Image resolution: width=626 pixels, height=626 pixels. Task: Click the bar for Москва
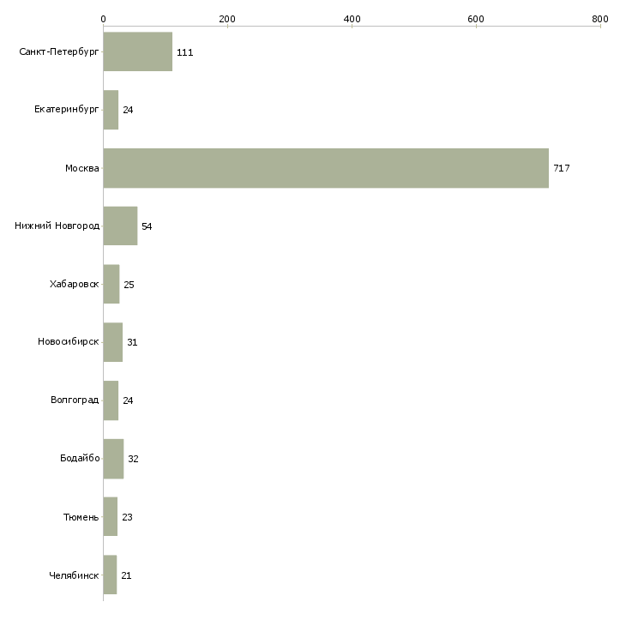[326, 168]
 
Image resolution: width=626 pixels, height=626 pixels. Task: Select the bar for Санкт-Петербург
[138, 51]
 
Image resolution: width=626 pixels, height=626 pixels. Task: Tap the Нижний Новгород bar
[120, 226]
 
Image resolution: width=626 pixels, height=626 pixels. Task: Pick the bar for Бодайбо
[113, 459]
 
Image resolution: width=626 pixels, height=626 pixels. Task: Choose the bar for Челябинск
[110, 575]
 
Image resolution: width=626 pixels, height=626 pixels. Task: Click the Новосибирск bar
[113, 342]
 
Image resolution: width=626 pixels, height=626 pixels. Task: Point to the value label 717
[562, 168]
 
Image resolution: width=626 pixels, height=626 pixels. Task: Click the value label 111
[185, 52]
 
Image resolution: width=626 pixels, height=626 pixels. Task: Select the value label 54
[147, 226]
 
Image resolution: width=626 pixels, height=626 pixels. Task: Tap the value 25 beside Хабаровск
[129, 285]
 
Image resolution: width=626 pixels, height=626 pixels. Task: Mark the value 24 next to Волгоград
[128, 400]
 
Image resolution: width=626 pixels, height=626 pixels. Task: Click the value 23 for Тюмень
[127, 517]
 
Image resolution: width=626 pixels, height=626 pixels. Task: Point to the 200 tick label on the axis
[227, 19]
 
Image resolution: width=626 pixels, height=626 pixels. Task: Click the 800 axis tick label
[600, 19]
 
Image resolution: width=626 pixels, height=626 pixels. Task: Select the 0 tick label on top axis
[104, 19]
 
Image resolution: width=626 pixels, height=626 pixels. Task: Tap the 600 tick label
[476, 19]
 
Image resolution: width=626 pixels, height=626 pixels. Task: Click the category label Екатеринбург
[66, 110]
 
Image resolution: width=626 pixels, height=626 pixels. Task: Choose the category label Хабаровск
[75, 284]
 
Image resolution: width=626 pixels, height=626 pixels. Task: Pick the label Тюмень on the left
[81, 517]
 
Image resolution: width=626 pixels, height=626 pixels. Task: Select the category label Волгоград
[75, 400]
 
